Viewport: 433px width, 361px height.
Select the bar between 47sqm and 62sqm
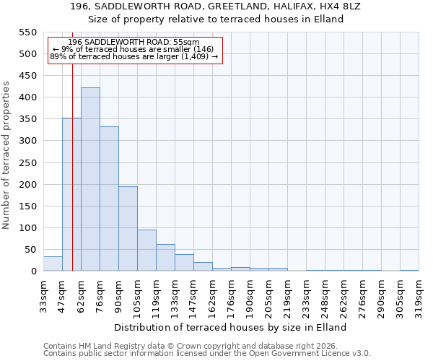(71, 194)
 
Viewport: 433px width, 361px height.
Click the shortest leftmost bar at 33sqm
(53, 264)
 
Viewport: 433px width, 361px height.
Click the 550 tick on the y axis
(27, 32)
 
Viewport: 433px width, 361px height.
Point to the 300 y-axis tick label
(27, 141)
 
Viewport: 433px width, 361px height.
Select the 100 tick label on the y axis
(27, 228)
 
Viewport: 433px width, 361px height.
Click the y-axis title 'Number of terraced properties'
(6, 155)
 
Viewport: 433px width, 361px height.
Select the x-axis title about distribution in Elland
(231, 327)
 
